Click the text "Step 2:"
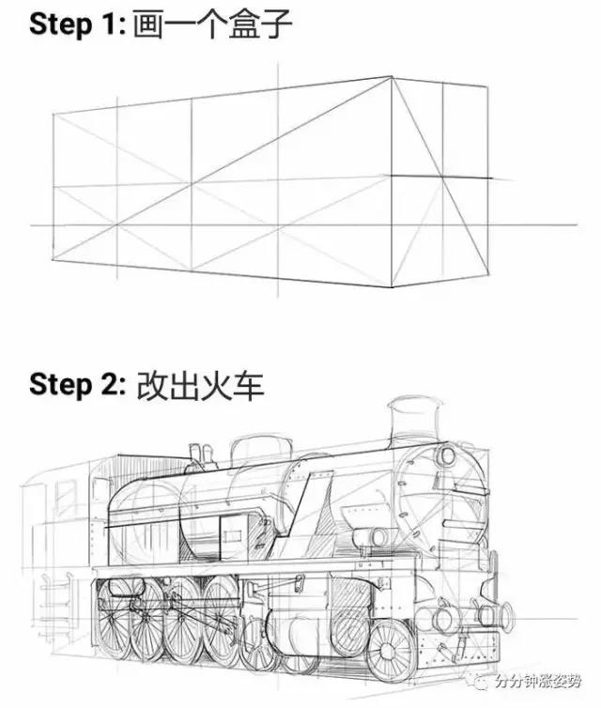[72, 384]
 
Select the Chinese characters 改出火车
[199, 384]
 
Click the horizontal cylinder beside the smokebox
[371, 535]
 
